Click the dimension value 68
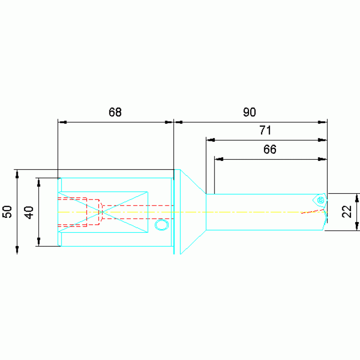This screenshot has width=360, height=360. tap(115, 112)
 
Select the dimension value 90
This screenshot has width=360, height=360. tap(249, 112)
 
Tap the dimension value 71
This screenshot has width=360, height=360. tap(265, 130)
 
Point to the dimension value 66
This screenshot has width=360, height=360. tap(270, 149)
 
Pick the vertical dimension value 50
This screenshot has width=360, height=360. tap(7, 212)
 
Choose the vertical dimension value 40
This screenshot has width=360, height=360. tap(29, 213)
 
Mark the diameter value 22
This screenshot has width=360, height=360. tap(347, 212)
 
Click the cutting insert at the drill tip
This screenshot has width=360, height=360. tap(320, 200)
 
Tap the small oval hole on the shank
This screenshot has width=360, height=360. tap(162, 224)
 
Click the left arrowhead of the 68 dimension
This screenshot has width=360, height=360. tap(62, 122)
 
